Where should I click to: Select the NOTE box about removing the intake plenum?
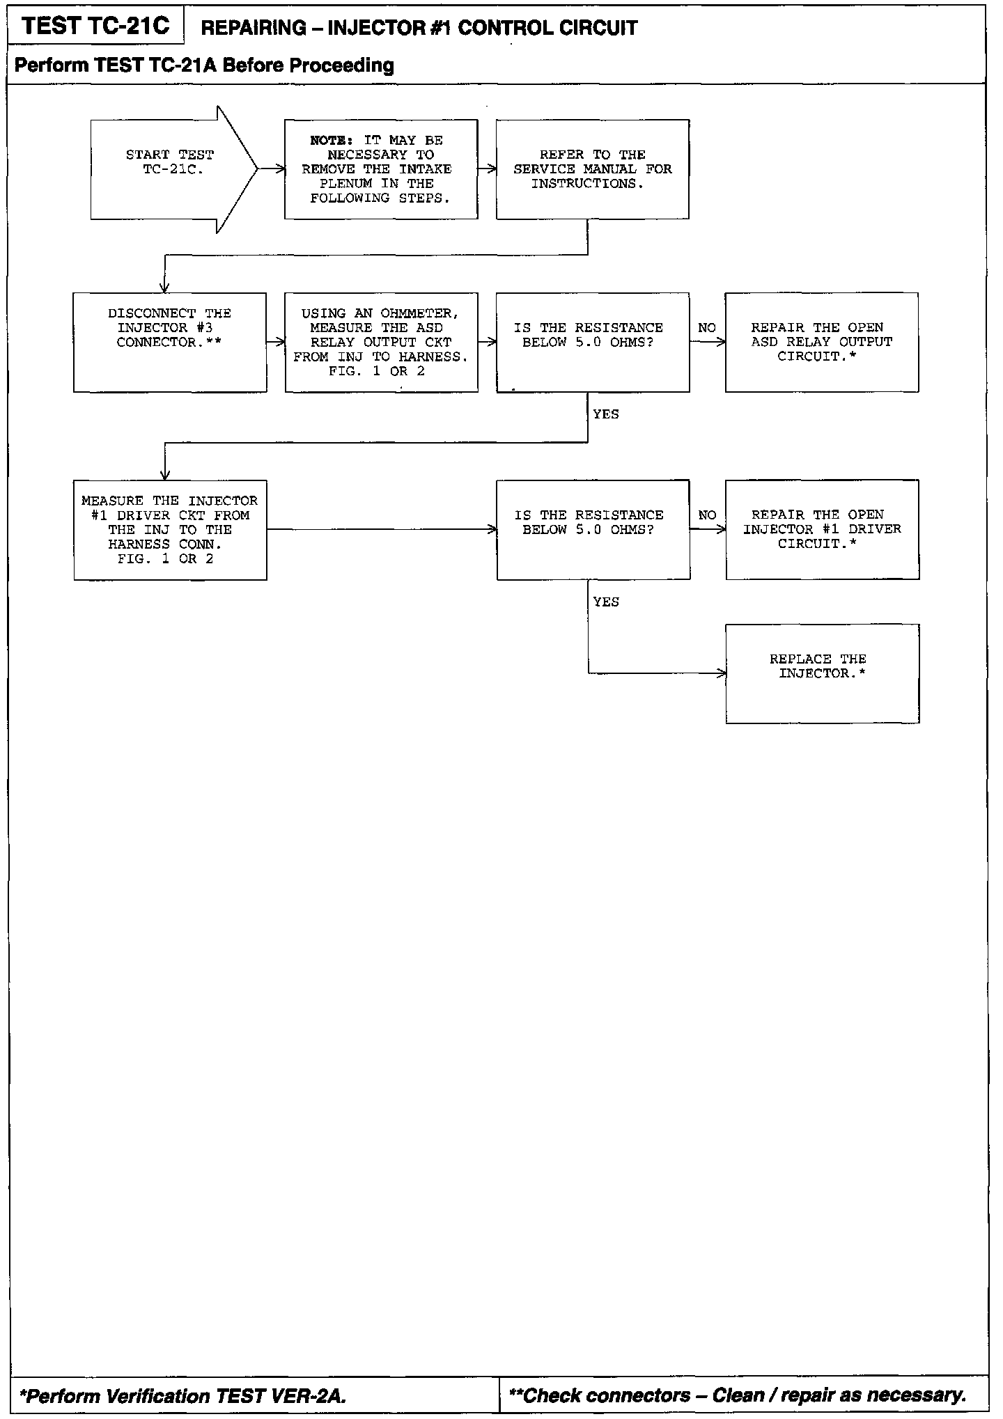point(381,169)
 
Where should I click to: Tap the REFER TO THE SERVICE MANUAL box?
point(593,169)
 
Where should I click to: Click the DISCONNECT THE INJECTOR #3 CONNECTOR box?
point(169,342)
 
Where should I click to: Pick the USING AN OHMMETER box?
point(381,342)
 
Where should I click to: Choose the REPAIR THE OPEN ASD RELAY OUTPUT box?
point(821,342)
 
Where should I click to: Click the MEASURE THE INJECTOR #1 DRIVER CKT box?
point(169,529)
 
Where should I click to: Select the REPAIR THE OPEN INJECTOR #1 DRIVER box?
point(822,529)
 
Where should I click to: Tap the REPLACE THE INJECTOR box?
point(822,673)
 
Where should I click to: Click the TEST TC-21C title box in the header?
point(95,26)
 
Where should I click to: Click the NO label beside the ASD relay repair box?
point(707,328)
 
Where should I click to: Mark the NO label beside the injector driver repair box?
point(707,515)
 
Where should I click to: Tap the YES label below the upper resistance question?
point(606,414)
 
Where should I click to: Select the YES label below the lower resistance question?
point(606,602)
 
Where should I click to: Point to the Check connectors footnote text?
point(738,1395)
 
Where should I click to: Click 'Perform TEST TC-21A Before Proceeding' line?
point(204,65)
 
